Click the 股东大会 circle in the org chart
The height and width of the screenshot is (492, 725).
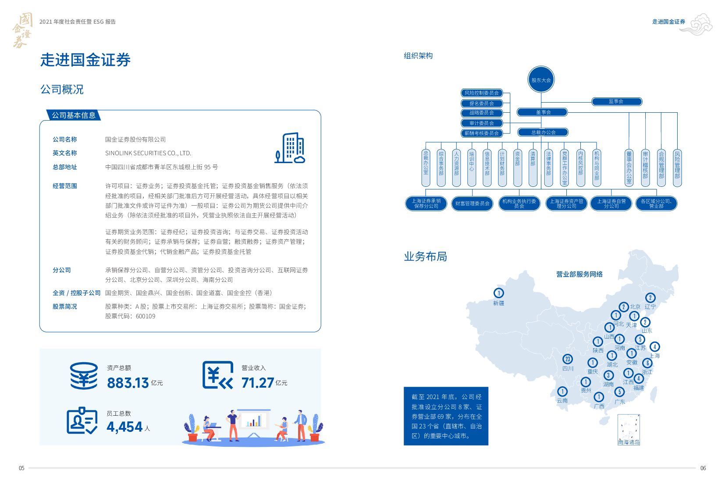point(541,80)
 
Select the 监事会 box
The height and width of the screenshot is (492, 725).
point(616,102)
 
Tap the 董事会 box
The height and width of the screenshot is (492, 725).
point(543,112)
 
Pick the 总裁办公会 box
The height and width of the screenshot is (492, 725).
point(543,132)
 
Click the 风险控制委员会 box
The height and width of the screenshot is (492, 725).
point(481,93)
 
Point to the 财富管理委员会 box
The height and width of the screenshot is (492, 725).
point(472,203)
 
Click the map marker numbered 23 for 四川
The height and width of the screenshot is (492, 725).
point(568,359)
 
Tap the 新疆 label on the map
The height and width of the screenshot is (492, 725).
point(498,303)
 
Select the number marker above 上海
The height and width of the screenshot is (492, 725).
point(654,346)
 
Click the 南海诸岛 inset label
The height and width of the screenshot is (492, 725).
point(629,442)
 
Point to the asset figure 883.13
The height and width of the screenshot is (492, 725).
point(128,383)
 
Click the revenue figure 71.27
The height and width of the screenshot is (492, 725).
point(257,383)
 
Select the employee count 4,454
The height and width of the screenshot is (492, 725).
point(124,427)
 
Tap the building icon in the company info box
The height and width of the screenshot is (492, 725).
point(290,148)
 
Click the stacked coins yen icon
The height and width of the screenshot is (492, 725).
point(84,376)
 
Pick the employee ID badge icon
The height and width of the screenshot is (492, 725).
point(82,421)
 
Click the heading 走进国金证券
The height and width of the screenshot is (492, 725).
point(85,60)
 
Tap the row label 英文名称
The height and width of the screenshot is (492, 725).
point(64,153)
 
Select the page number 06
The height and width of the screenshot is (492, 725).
point(703,468)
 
